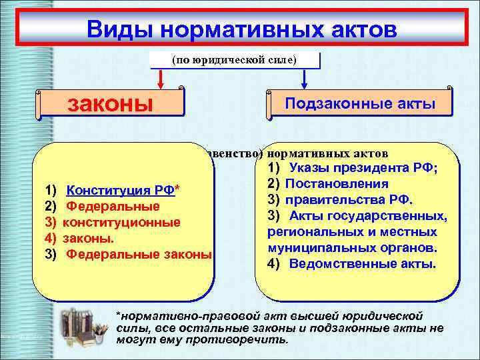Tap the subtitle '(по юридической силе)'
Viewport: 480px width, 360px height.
tap(235, 60)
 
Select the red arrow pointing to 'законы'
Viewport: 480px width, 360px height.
tap(160, 79)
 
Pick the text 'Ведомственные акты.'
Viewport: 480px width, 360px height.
tap(363, 263)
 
